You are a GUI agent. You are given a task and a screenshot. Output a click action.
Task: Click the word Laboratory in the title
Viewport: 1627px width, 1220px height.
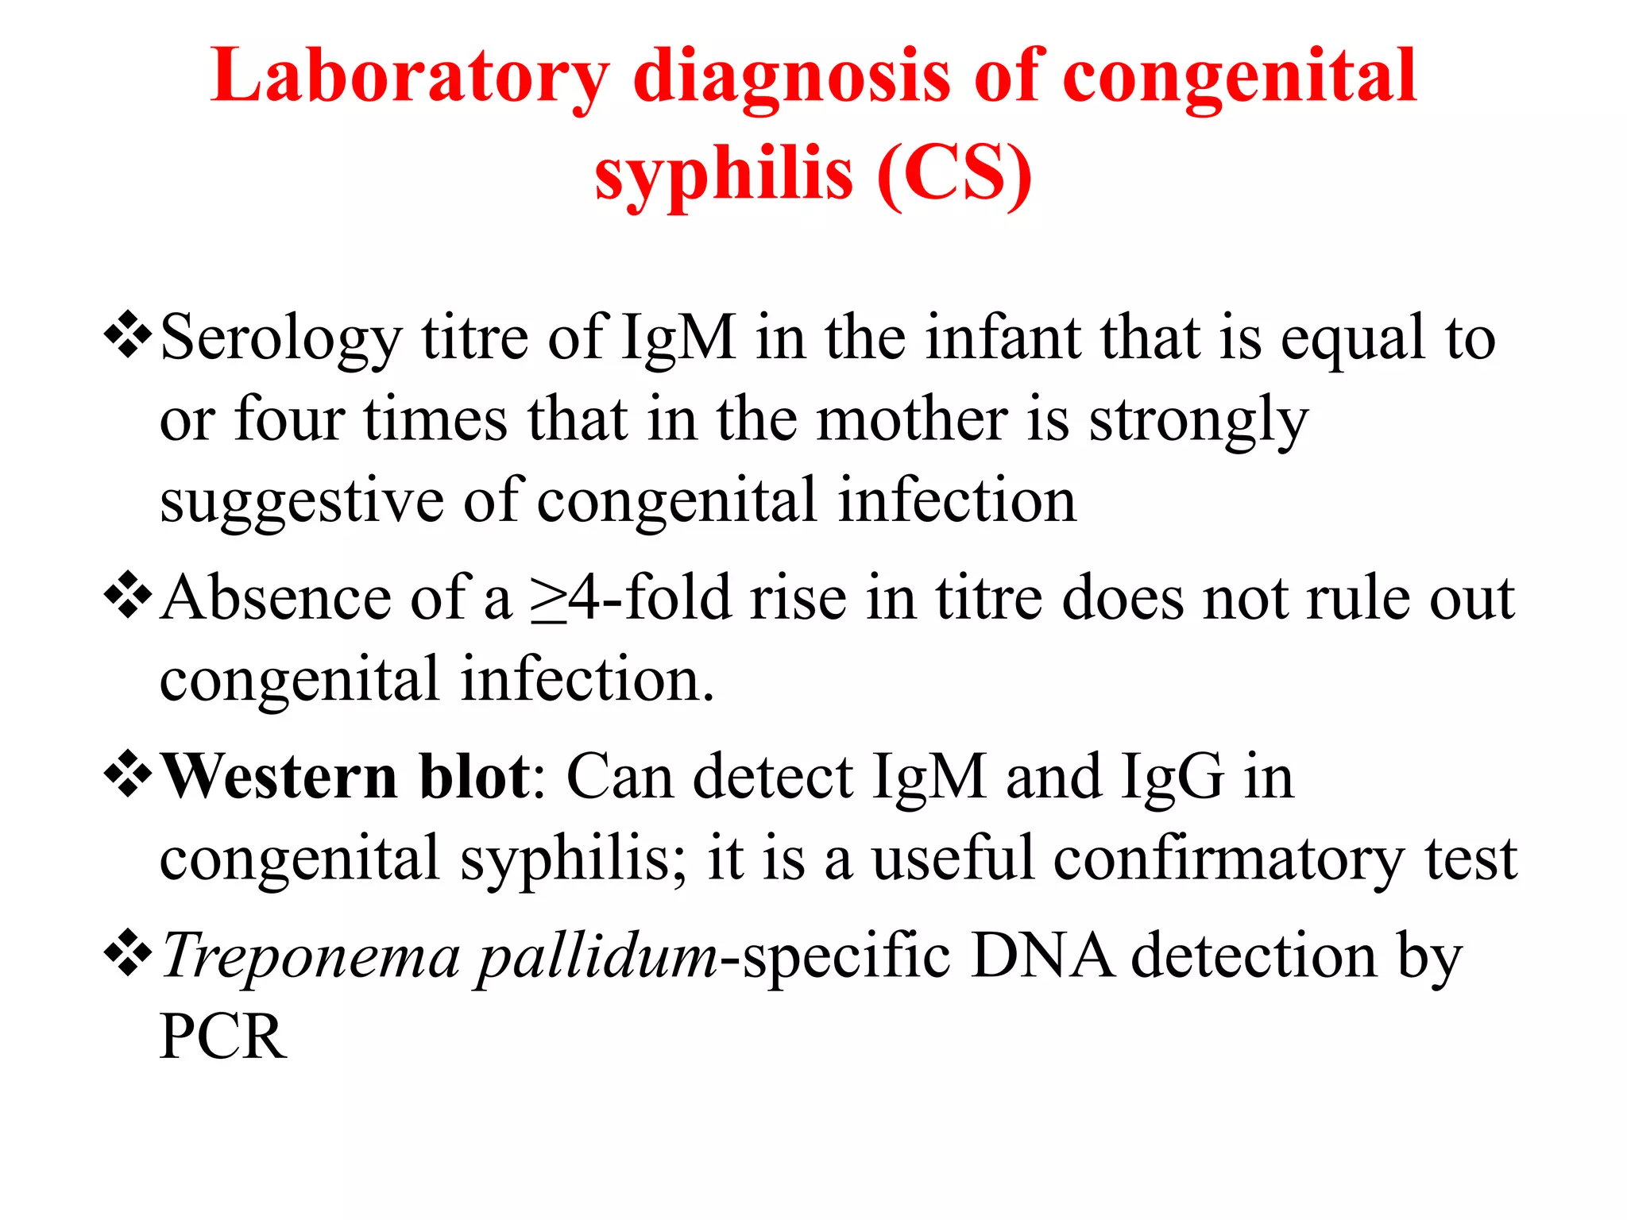409,78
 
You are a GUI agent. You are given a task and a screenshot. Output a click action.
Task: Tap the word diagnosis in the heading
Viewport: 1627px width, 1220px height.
790,78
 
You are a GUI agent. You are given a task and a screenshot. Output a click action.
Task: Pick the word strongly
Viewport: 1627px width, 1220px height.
1198,421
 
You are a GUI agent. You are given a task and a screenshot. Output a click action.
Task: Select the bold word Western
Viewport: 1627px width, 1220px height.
279,776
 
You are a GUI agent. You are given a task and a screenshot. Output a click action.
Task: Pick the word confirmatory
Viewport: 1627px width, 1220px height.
1229,859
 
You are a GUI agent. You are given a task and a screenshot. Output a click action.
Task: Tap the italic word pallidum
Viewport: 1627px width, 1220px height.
597,956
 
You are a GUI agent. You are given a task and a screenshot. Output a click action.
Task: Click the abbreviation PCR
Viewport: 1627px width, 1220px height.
223,1037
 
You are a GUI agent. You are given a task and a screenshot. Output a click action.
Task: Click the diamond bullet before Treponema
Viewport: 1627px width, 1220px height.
127,953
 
